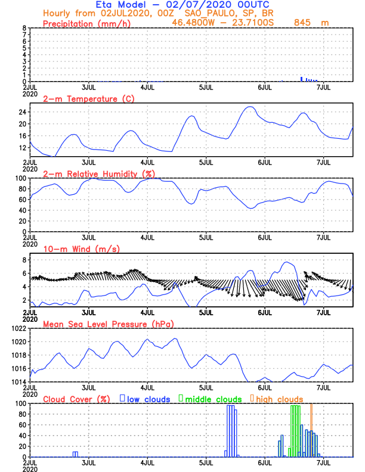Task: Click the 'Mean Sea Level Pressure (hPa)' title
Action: point(107,324)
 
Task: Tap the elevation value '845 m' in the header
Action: point(312,22)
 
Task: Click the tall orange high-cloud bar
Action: point(311,430)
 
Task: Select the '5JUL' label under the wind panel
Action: point(206,312)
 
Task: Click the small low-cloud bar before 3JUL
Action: point(75,454)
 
